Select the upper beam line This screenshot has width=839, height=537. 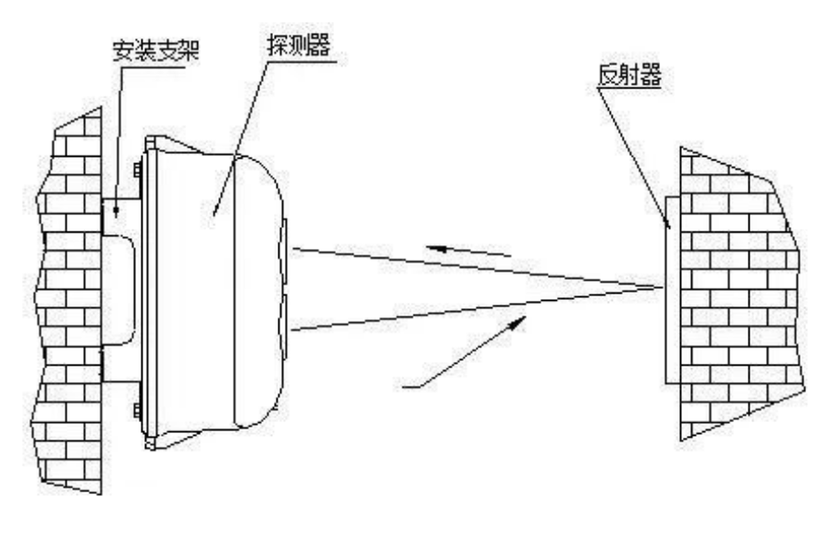[475, 265]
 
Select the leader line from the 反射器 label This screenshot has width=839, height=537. [639, 155]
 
